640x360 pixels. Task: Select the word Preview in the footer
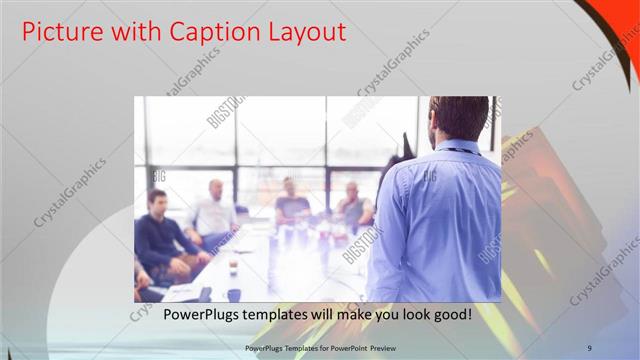tap(387, 347)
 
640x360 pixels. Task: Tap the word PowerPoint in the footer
tap(348, 347)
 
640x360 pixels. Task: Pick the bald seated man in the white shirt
tap(214, 213)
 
